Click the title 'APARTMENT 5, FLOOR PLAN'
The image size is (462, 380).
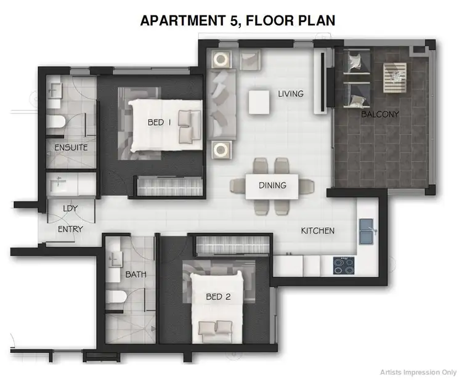click(x=238, y=20)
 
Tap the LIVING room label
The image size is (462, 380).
click(x=291, y=94)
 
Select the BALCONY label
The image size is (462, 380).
click(x=380, y=114)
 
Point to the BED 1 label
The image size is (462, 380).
click(x=160, y=122)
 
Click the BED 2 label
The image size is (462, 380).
click(x=218, y=297)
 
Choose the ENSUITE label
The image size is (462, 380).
click(x=71, y=148)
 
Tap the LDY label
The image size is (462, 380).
click(x=70, y=208)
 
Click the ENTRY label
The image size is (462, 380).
click(x=70, y=229)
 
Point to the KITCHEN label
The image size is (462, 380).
click(x=317, y=231)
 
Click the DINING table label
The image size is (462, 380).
click(x=272, y=185)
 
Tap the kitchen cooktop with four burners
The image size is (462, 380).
click(x=343, y=265)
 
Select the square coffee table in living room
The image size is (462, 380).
click(x=259, y=102)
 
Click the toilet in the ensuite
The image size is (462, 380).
click(x=55, y=122)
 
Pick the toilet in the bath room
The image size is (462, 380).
click(x=116, y=301)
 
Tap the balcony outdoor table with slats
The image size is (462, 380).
click(x=394, y=75)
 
